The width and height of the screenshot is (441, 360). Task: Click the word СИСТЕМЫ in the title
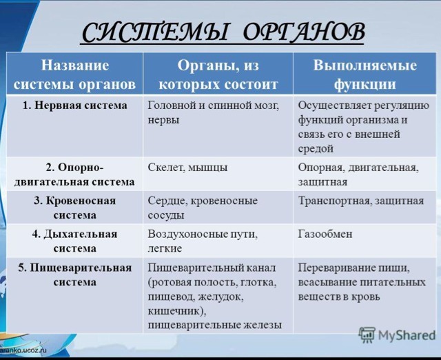point(155,32)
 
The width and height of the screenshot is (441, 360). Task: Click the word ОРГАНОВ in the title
point(304,32)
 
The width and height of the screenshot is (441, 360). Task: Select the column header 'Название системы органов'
point(75,74)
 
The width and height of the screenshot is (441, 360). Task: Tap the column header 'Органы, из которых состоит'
point(218,74)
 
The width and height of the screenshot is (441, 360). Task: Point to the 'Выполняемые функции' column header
point(365,74)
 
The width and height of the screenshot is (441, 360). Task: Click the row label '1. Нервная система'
point(75,106)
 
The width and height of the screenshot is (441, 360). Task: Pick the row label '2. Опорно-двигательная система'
point(74,174)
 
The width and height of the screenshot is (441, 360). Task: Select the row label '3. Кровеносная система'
point(75,208)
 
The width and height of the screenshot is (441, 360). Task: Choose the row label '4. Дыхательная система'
point(75,241)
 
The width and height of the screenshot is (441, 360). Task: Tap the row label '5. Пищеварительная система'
point(75,274)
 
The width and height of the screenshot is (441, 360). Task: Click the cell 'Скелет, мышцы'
point(187,168)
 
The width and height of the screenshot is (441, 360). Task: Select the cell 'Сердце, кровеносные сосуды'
point(203,208)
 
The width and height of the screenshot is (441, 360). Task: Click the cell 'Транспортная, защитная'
point(361,201)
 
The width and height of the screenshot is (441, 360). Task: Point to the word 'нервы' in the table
point(163,121)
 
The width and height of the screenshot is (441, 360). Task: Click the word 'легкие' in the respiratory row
point(165,248)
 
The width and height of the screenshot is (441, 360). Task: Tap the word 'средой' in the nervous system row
point(316,148)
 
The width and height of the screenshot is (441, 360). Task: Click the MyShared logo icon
point(367,335)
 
